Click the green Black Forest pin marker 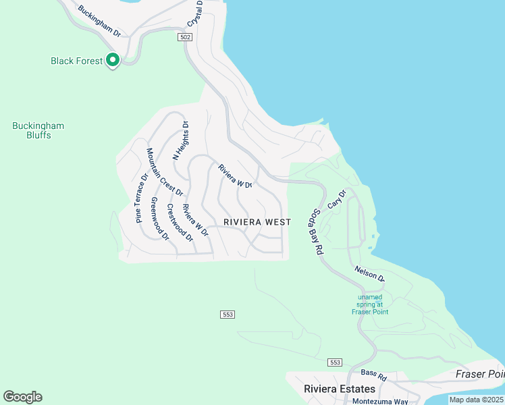(x=112, y=60)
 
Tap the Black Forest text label (x=77, y=61)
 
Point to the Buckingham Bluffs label (x=38, y=130)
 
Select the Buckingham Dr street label (x=99, y=22)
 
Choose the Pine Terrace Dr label (x=141, y=198)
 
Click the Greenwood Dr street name (x=160, y=219)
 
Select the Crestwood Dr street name (x=180, y=223)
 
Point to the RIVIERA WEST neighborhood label (x=257, y=222)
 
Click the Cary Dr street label (x=336, y=199)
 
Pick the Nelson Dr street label (x=369, y=273)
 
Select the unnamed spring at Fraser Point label (x=370, y=304)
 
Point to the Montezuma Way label (x=380, y=401)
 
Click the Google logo (x=22, y=397)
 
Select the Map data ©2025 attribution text (x=477, y=400)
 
